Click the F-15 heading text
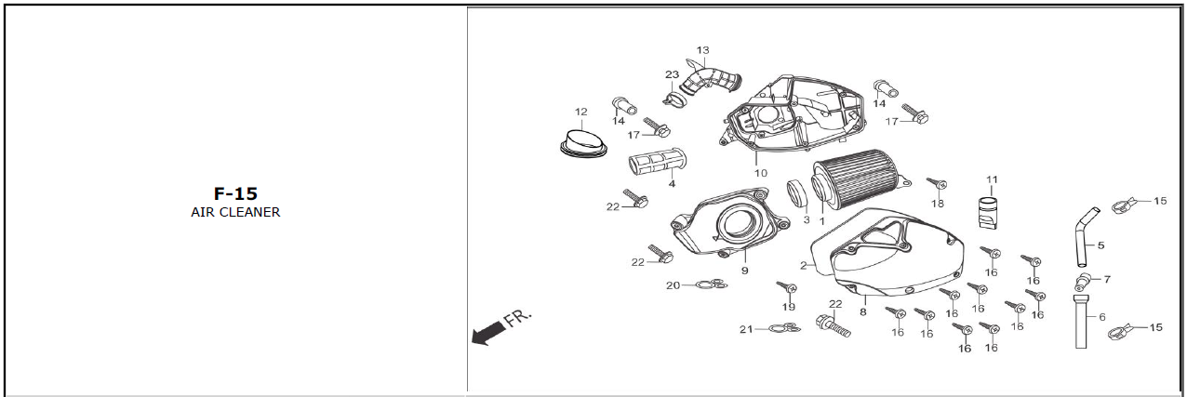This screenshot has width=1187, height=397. [234, 193]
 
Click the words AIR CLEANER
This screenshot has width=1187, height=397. [234, 212]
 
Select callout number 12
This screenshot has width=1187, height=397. [581, 112]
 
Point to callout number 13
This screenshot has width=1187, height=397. [702, 50]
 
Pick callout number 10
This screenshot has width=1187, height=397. [761, 173]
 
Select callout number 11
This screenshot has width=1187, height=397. [992, 179]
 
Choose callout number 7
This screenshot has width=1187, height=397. [1106, 279]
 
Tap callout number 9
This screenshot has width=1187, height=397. [744, 271]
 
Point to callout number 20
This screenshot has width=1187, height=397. [674, 285]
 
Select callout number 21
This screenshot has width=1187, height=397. [746, 329]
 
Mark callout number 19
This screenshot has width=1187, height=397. [789, 307]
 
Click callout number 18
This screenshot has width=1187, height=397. [938, 204]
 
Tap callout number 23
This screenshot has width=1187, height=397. [672, 74]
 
